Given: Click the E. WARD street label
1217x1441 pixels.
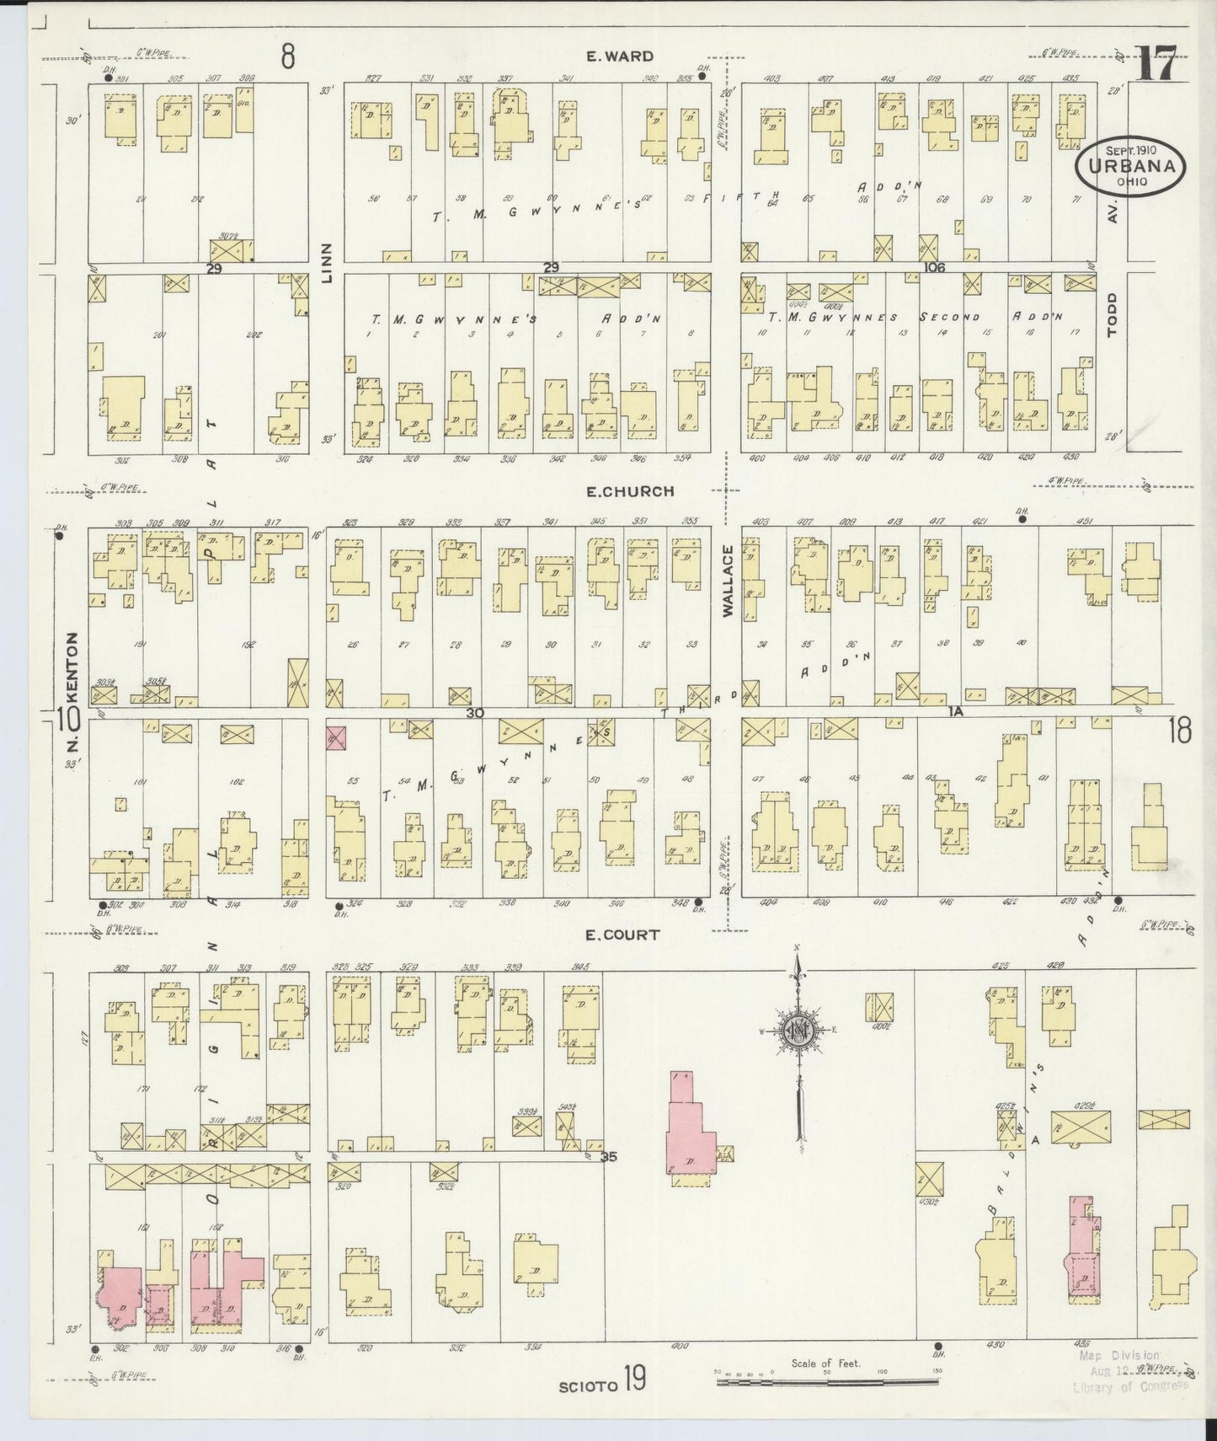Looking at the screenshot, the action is point(620,56).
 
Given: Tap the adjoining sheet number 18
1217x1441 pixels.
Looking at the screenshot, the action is point(1179,731).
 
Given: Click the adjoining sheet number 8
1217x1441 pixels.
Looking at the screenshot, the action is point(288,57).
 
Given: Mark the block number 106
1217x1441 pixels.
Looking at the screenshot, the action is point(933,267).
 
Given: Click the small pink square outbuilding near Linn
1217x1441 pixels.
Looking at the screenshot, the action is point(336,738).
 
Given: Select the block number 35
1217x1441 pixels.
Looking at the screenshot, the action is point(609,1157).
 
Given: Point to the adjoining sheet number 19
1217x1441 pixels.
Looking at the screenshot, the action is point(634,1384).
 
